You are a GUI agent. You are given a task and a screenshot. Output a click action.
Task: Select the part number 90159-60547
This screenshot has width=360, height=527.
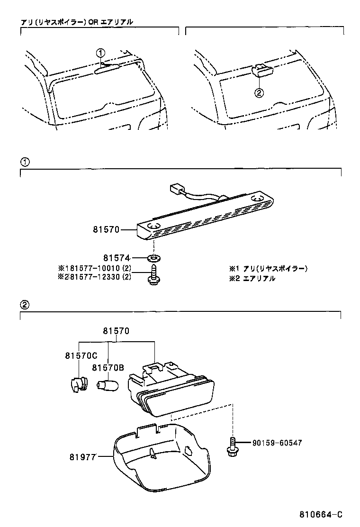tap(277, 443)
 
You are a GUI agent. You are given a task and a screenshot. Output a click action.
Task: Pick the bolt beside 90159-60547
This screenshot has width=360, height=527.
tap(232, 446)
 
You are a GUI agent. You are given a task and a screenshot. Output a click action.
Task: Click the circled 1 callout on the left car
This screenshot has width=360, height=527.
tap(100, 52)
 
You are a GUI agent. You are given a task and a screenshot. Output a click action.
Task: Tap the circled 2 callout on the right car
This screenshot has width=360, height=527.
tap(259, 93)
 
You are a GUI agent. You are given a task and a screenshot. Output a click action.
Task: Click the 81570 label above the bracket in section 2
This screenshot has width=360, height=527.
tap(117, 332)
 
